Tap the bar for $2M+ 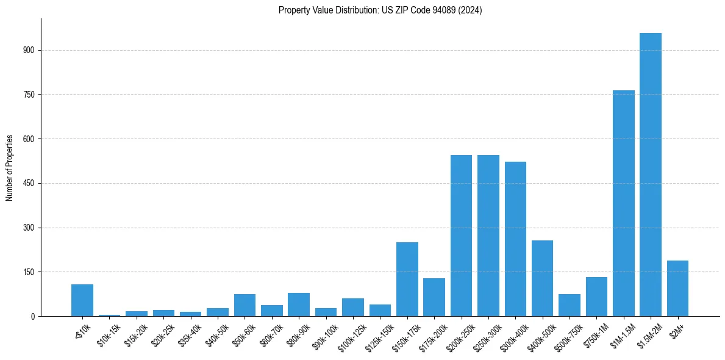[677, 288]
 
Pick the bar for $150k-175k [407, 279]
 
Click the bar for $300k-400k [515, 239]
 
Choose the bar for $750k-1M [596, 297]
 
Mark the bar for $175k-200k [434, 297]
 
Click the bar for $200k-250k [461, 236]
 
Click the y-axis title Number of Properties [10, 167]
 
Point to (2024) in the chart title [471, 10]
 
